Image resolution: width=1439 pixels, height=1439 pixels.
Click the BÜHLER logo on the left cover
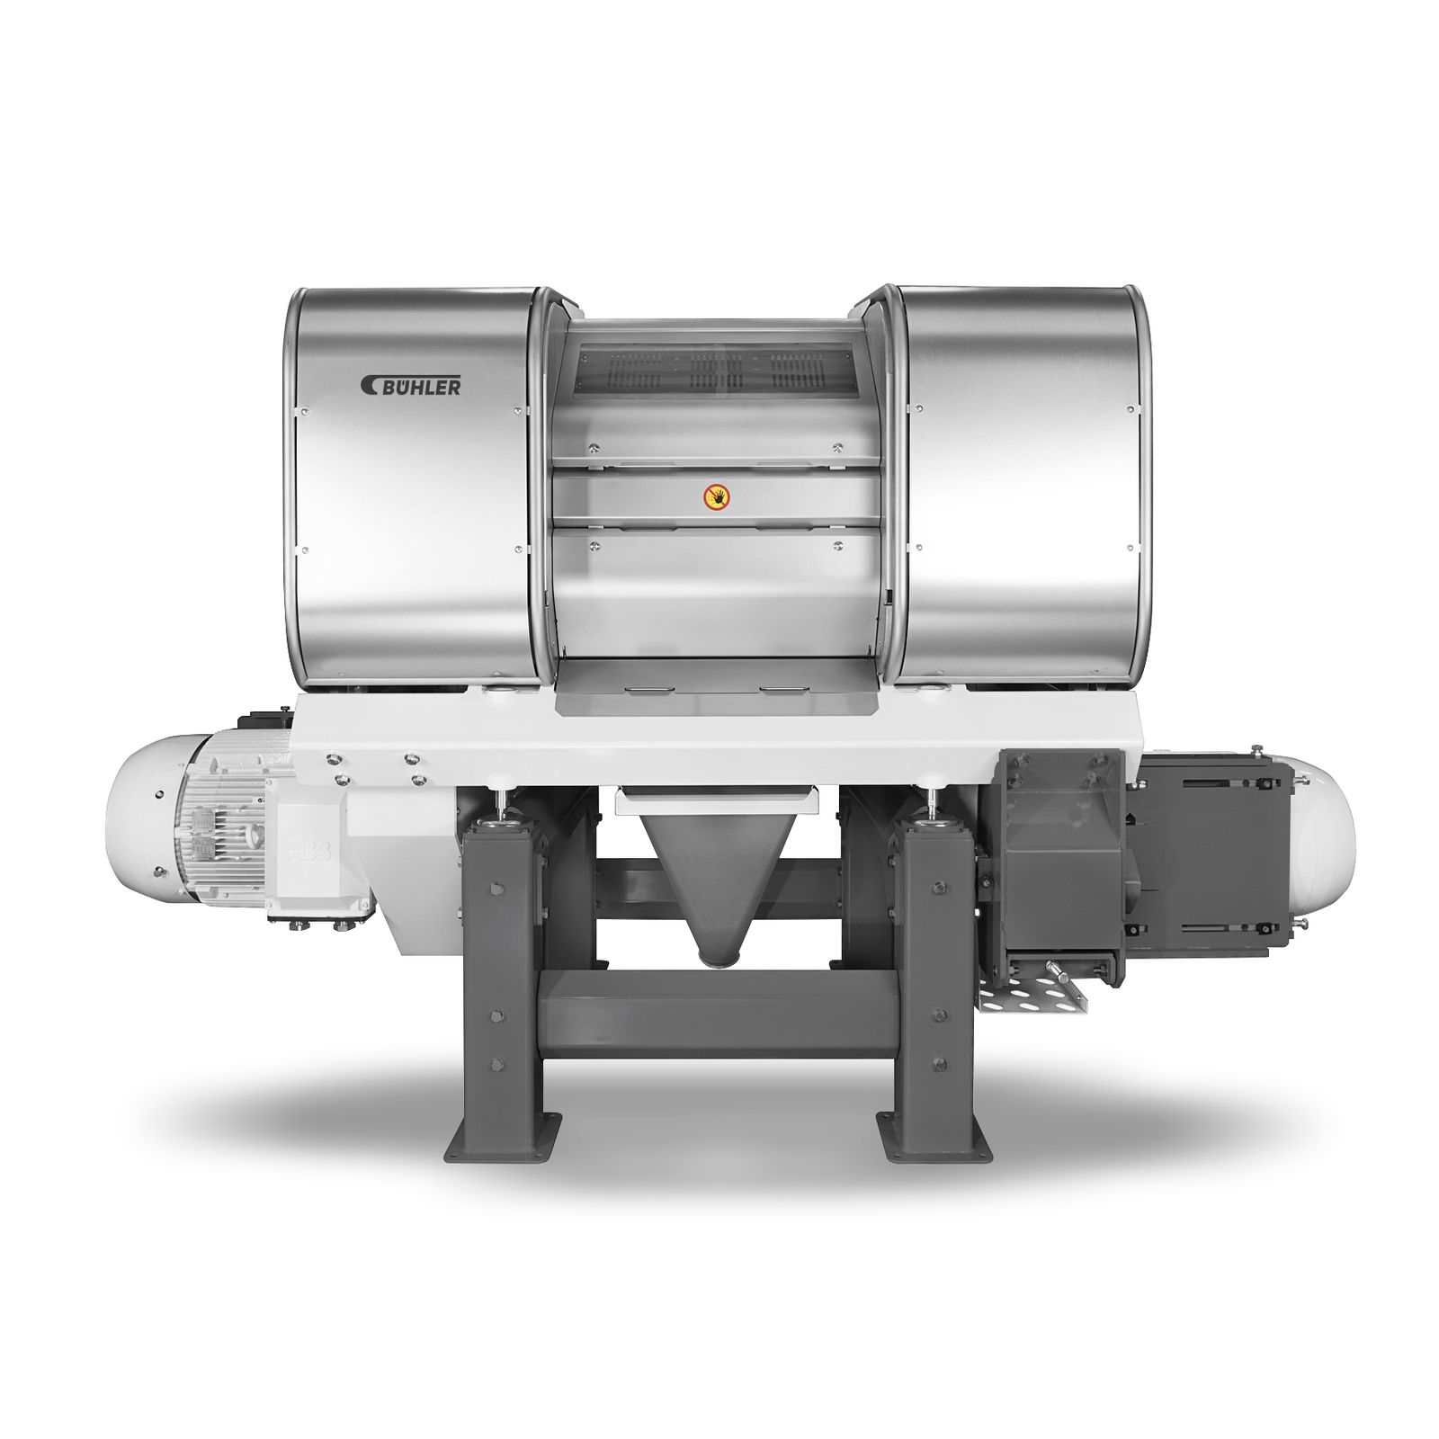411,385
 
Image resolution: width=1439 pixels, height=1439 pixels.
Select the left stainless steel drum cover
414,486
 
